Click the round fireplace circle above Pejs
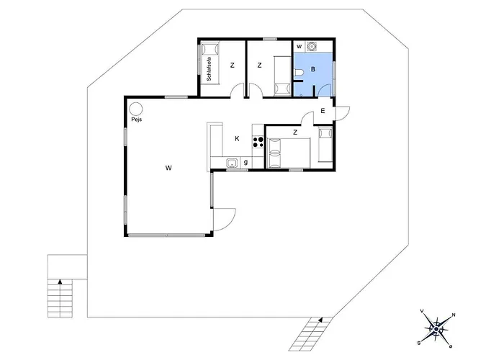pyautogui.click(x=135, y=109)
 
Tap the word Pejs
pyautogui.click(x=137, y=120)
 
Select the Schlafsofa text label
pyautogui.click(x=210, y=69)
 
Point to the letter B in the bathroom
pyautogui.click(x=313, y=69)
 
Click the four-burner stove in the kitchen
pyautogui.click(x=258, y=142)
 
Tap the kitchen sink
pyautogui.click(x=232, y=163)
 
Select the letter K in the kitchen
pyautogui.click(x=237, y=138)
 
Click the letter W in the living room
pyautogui.click(x=168, y=168)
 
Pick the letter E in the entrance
pyautogui.click(x=323, y=111)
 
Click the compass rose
pyautogui.click(x=436, y=329)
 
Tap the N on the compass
pyautogui.click(x=454, y=315)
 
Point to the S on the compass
pyautogui.click(x=419, y=343)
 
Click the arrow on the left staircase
pyautogui.click(x=60, y=282)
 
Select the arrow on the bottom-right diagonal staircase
pyautogui.click(x=320, y=320)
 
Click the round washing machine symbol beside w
pyautogui.click(x=311, y=47)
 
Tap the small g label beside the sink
pyautogui.click(x=246, y=162)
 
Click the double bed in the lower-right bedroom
pyautogui.click(x=289, y=153)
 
